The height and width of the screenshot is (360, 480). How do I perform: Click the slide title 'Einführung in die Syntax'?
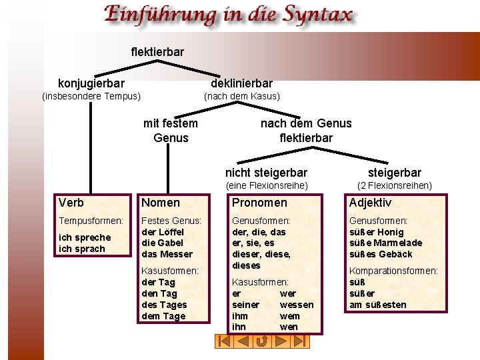click(227, 15)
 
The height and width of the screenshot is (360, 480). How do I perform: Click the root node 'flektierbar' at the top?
click(157, 51)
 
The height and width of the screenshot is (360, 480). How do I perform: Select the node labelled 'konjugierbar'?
click(91, 83)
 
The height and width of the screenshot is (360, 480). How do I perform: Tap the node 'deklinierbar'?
click(241, 83)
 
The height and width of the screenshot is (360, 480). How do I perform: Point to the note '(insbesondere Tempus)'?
click(91, 96)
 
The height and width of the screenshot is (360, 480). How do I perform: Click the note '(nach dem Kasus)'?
click(241, 96)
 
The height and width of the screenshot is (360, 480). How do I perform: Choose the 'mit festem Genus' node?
click(171, 131)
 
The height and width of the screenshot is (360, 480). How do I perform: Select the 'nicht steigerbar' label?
click(266, 173)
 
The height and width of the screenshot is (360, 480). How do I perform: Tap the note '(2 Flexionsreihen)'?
click(395, 185)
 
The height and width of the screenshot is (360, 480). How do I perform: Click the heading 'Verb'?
click(71, 203)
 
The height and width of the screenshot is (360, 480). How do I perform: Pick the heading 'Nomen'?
click(161, 203)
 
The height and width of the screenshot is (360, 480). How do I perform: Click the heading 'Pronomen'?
click(259, 203)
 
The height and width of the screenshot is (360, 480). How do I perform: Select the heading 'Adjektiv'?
click(370, 203)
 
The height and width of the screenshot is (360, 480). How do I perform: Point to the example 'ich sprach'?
click(82, 249)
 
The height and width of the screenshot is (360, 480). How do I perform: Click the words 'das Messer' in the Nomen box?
click(167, 254)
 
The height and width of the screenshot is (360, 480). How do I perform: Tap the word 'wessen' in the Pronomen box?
click(297, 305)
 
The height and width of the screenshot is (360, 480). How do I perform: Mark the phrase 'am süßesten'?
click(377, 305)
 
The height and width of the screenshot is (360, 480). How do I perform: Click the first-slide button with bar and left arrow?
click(225, 341)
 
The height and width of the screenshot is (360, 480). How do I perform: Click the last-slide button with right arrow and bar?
click(301, 341)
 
